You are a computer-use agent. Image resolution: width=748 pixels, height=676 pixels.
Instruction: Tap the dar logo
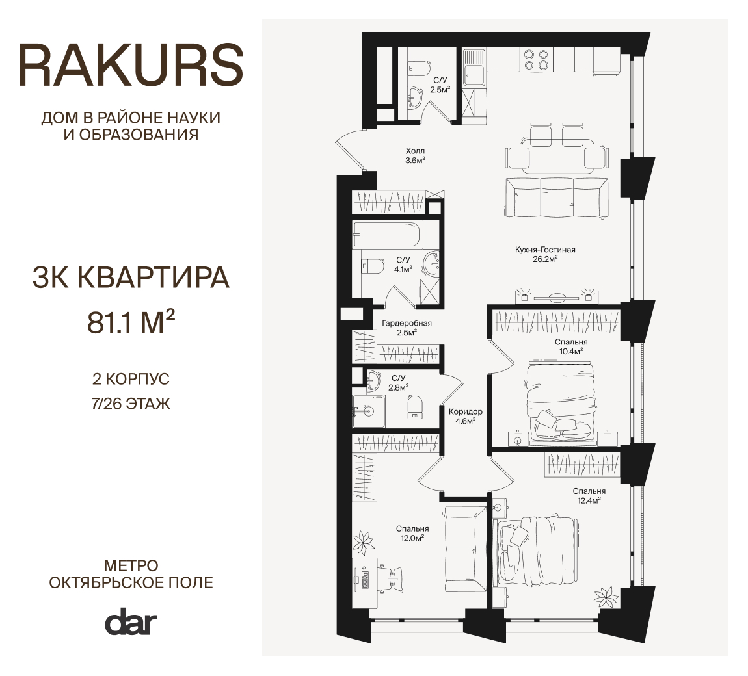[x=131, y=621]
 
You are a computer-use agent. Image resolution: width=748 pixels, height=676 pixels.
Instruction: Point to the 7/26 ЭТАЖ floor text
[x=131, y=404]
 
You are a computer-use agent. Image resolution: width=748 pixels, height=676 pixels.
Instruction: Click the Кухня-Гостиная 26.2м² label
[x=545, y=254]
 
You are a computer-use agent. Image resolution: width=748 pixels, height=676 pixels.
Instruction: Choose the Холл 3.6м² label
[x=415, y=155]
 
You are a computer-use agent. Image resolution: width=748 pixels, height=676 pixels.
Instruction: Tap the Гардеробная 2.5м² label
[x=407, y=328]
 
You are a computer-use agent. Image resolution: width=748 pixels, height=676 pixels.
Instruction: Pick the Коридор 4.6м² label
[x=466, y=416]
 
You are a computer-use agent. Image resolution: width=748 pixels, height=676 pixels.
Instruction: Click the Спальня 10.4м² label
[x=571, y=346]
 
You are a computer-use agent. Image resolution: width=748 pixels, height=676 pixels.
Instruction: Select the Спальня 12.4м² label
[x=589, y=495]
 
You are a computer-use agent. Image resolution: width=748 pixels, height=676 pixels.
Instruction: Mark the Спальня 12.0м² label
[x=412, y=533]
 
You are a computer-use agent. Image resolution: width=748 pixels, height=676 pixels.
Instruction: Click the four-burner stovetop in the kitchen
[x=536, y=59]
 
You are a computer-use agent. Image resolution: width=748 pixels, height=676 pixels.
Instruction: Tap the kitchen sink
[x=474, y=68]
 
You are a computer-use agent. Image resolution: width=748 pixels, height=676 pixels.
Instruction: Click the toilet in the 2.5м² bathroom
[x=419, y=68]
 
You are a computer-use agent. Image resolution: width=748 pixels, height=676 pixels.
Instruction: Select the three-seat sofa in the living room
[x=555, y=198]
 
